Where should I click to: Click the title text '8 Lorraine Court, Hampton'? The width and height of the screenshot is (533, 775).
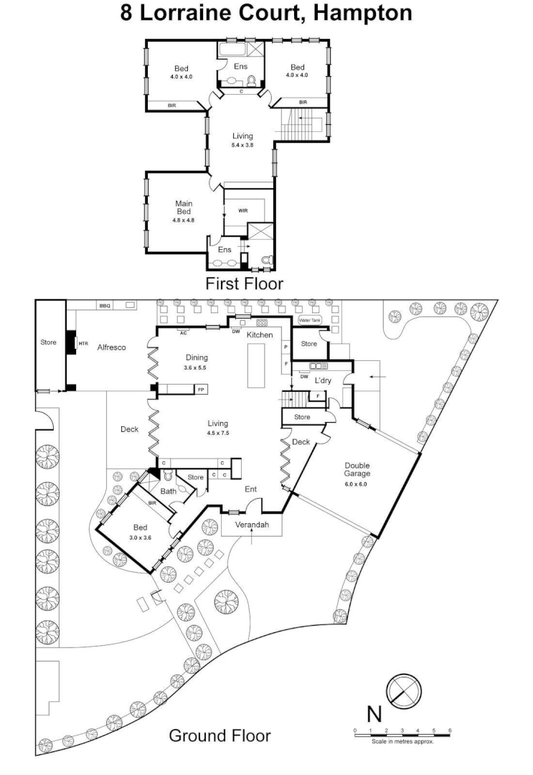266,14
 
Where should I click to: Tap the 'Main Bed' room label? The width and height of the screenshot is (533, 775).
184,207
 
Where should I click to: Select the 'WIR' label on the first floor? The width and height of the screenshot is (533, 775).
242,211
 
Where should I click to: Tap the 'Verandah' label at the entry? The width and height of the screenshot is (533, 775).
253,525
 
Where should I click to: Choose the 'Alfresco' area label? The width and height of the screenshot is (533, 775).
111,347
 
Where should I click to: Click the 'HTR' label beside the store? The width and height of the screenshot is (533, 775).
82,343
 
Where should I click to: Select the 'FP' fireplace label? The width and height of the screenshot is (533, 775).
201,390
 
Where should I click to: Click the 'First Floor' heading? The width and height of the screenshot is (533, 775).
244,283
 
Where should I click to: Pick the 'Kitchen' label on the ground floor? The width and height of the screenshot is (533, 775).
260,335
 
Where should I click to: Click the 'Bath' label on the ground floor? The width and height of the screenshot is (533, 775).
169,492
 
